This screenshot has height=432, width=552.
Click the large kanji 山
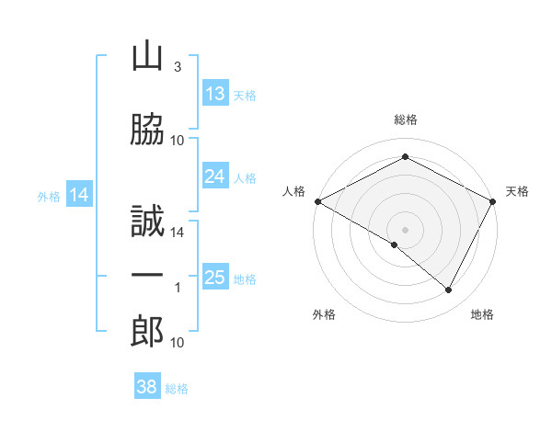[147, 57]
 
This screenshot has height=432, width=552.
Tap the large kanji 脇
[147, 129]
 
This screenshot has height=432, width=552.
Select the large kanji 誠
[147, 221]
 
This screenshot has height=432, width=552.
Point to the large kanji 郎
[147, 331]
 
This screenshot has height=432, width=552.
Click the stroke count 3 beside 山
[178, 66]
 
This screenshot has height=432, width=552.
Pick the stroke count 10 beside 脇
[177, 141]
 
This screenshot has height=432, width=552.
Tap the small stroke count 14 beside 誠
[177, 233]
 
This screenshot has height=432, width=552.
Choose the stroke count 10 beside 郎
[177, 342]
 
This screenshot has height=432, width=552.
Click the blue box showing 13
[215, 93]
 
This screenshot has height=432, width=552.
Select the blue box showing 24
[215, 176]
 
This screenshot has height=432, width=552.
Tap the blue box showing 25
[215, 276]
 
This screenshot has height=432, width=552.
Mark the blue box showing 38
[147, 385]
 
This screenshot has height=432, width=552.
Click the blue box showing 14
[79, 194]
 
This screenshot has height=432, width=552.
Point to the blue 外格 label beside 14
[49, 197]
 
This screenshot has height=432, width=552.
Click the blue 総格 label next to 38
[177, 389]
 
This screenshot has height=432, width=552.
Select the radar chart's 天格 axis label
[517, 191]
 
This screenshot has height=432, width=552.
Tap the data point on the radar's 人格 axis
[318, 201]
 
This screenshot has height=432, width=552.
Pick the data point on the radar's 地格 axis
[448, 290]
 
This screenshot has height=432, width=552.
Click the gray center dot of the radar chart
[405, 230]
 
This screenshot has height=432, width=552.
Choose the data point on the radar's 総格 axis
[405, 156]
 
